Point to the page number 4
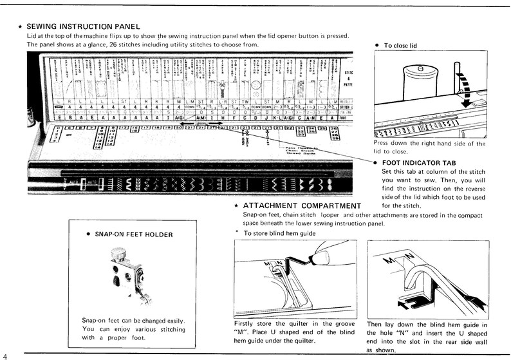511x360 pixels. pos(5,354)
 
